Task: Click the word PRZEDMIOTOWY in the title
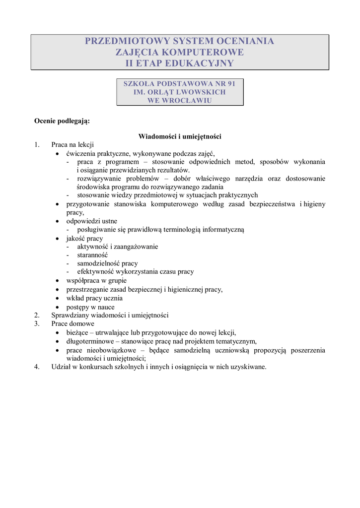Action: [x=127, y=41]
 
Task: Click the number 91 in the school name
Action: [x=230, y=83]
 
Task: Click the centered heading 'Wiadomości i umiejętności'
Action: [x=180, y=136]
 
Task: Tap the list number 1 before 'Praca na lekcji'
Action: [x=36, y=145]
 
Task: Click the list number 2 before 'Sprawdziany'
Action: [x=36, y=315]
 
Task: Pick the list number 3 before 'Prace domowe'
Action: [x=36, y=323]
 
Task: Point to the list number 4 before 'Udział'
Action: [x=36, y=367]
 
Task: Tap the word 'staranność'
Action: [x=92, y=255]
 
